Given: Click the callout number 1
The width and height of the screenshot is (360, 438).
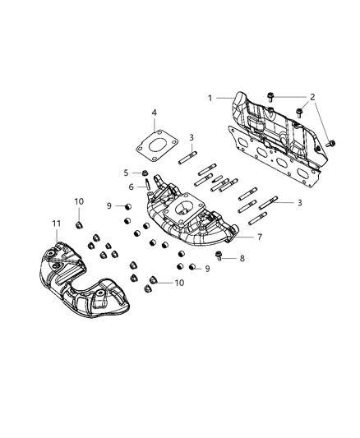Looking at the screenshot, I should [210, 98].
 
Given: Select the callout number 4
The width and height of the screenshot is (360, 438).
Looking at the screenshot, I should [154, 112].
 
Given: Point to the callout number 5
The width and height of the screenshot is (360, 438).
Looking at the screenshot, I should [126, 173].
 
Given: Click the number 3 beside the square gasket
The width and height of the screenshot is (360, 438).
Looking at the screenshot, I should [191, 137].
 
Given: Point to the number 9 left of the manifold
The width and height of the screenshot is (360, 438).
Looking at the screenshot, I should [108, 206].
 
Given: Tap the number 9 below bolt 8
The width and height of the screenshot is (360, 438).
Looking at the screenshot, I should [207, 269].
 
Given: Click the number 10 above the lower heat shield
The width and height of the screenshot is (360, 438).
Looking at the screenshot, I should [79, 201].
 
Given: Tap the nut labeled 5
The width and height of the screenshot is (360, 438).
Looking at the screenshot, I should [145, 173].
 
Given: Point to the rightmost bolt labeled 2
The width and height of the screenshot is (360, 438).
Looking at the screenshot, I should [332, 143].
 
